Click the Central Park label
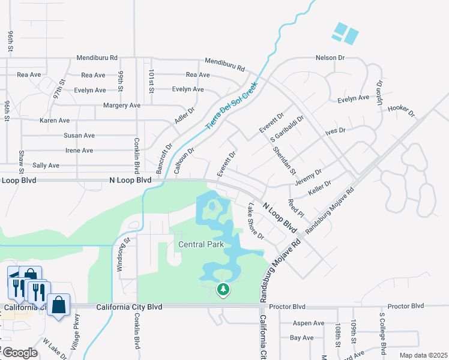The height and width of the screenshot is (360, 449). pos(201,244)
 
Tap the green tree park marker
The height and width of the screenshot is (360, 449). pos(223,290)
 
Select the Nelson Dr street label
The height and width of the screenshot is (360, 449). pos(330,58)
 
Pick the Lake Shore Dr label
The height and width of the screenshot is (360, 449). pos(256,221)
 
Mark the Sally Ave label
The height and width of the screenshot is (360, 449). pos(46,165)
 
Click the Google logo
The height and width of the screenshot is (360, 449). pos(19,353)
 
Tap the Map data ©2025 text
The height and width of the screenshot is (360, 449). pos(423,355)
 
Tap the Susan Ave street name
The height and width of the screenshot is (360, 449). pos(79,136)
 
